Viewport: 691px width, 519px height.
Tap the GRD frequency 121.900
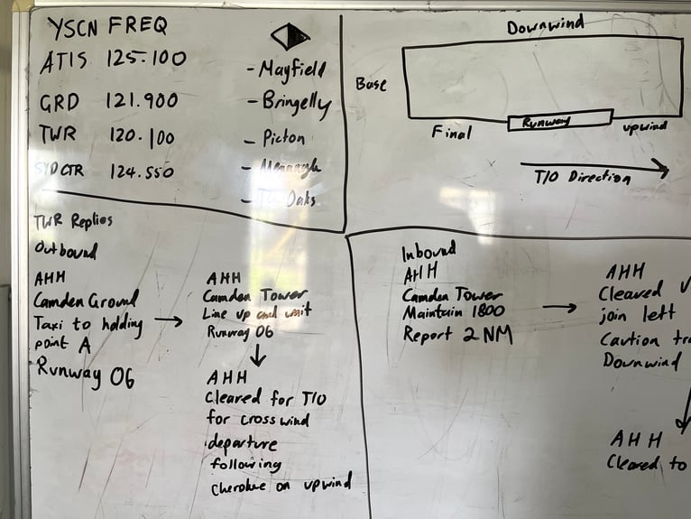(x=142, y=100)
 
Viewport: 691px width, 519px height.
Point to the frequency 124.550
(x=142, y=171)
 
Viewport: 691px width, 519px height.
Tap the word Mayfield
(x=287, y=69)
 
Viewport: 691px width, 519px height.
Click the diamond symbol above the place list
(x=290, y=36)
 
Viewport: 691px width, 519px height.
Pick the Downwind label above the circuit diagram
(x=545, y=26)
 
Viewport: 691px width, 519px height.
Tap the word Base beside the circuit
(x=371, y=84)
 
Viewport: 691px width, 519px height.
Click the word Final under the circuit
(x=451, y=134)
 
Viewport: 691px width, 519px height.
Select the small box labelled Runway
(x=559, y=120)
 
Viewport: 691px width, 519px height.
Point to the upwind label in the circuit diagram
(x=644, y=127)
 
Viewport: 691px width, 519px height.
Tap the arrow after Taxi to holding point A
(x=168, y=320)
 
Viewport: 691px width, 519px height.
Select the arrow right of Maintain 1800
(x=559, y=308)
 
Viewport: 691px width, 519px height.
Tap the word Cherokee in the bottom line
(x=245, y=488)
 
